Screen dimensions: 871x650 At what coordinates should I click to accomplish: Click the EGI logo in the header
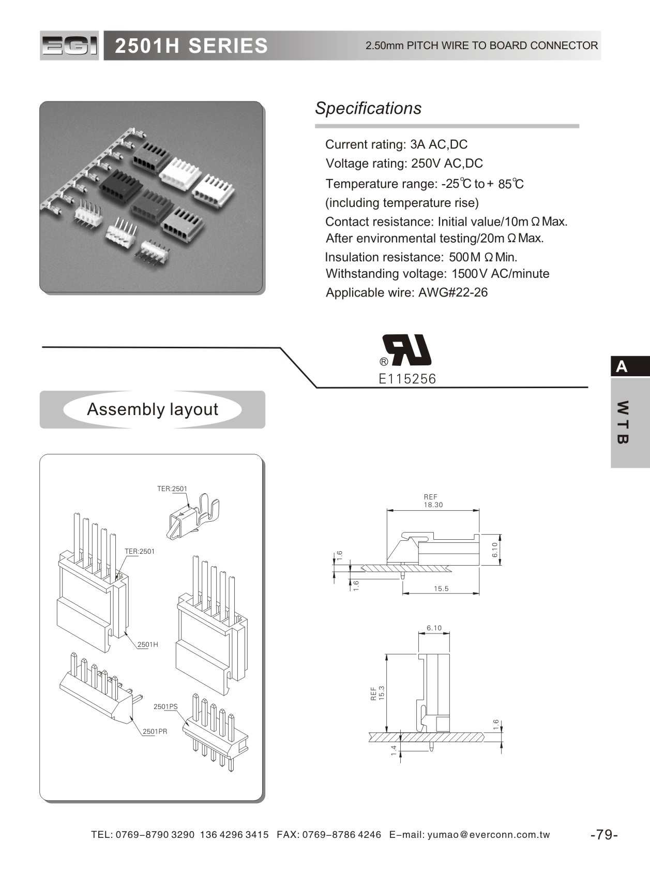pos(69,46)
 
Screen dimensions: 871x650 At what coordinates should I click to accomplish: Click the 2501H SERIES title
pos(191,46)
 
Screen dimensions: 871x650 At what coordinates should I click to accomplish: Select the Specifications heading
pos(368,108)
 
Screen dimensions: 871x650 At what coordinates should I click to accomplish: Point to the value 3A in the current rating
pos(417,144)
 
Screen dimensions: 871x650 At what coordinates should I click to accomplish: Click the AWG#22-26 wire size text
pos(453,293)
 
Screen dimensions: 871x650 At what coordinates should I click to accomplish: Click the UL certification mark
pos(407,350)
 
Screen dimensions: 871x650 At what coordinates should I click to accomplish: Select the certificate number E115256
pos(407,379)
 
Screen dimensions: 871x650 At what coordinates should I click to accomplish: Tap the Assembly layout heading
pos(153,409)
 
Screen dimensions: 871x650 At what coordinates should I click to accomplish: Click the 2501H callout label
pos(148,644)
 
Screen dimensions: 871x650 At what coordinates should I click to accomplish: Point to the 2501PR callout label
pos(155,731)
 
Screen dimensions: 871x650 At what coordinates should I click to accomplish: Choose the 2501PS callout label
pos(165,706)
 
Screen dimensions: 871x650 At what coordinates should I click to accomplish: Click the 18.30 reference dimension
pos(433,505)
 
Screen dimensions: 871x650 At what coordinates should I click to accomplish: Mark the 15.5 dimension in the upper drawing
pos(441,588)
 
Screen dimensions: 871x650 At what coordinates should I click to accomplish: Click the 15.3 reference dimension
pos(382,693)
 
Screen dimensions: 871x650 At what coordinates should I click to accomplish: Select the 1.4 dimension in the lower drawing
pos(394,750)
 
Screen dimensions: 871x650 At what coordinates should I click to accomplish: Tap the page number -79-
pos(604,834)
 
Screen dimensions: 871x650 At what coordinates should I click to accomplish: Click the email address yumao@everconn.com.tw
pos(489,835)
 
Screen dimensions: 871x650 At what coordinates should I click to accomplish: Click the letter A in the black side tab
pos(622,366)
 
